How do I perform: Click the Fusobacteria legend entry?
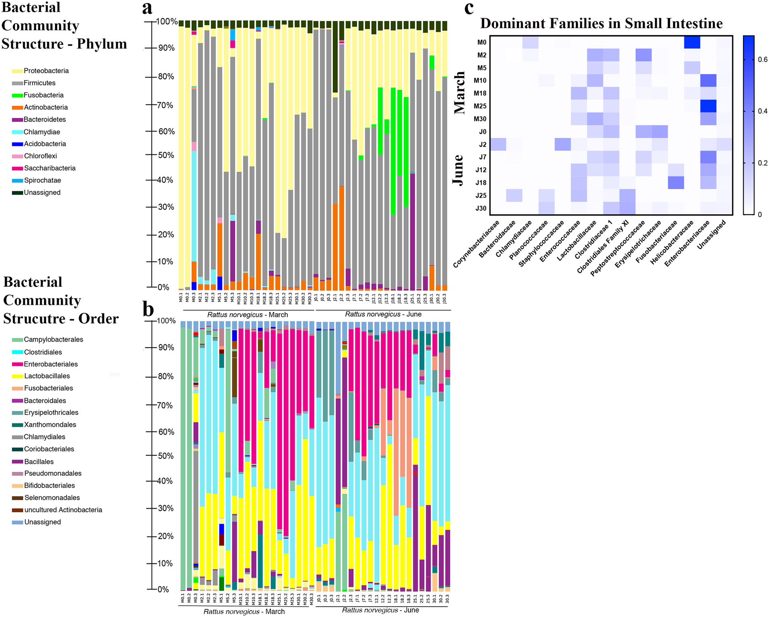(x=43, y=95)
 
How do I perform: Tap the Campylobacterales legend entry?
(x=53, y=340)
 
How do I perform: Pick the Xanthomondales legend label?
(x=50, y=425)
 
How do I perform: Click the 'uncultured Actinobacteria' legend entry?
(x=63, y=510)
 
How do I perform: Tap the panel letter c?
(x=469, y=8)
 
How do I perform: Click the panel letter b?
(x=148, y=309)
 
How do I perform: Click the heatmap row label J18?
(x=480, y=183)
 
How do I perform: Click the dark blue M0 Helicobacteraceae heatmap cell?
(x=692, y=42)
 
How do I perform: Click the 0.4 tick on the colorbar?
(x=759, y=111)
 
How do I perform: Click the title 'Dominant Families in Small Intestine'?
(x=601, y=23)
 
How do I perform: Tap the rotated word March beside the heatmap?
(x=460, y=93)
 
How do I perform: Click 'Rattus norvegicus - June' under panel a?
(x=383, y=315)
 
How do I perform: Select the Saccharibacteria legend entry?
(x=49, y=169)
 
